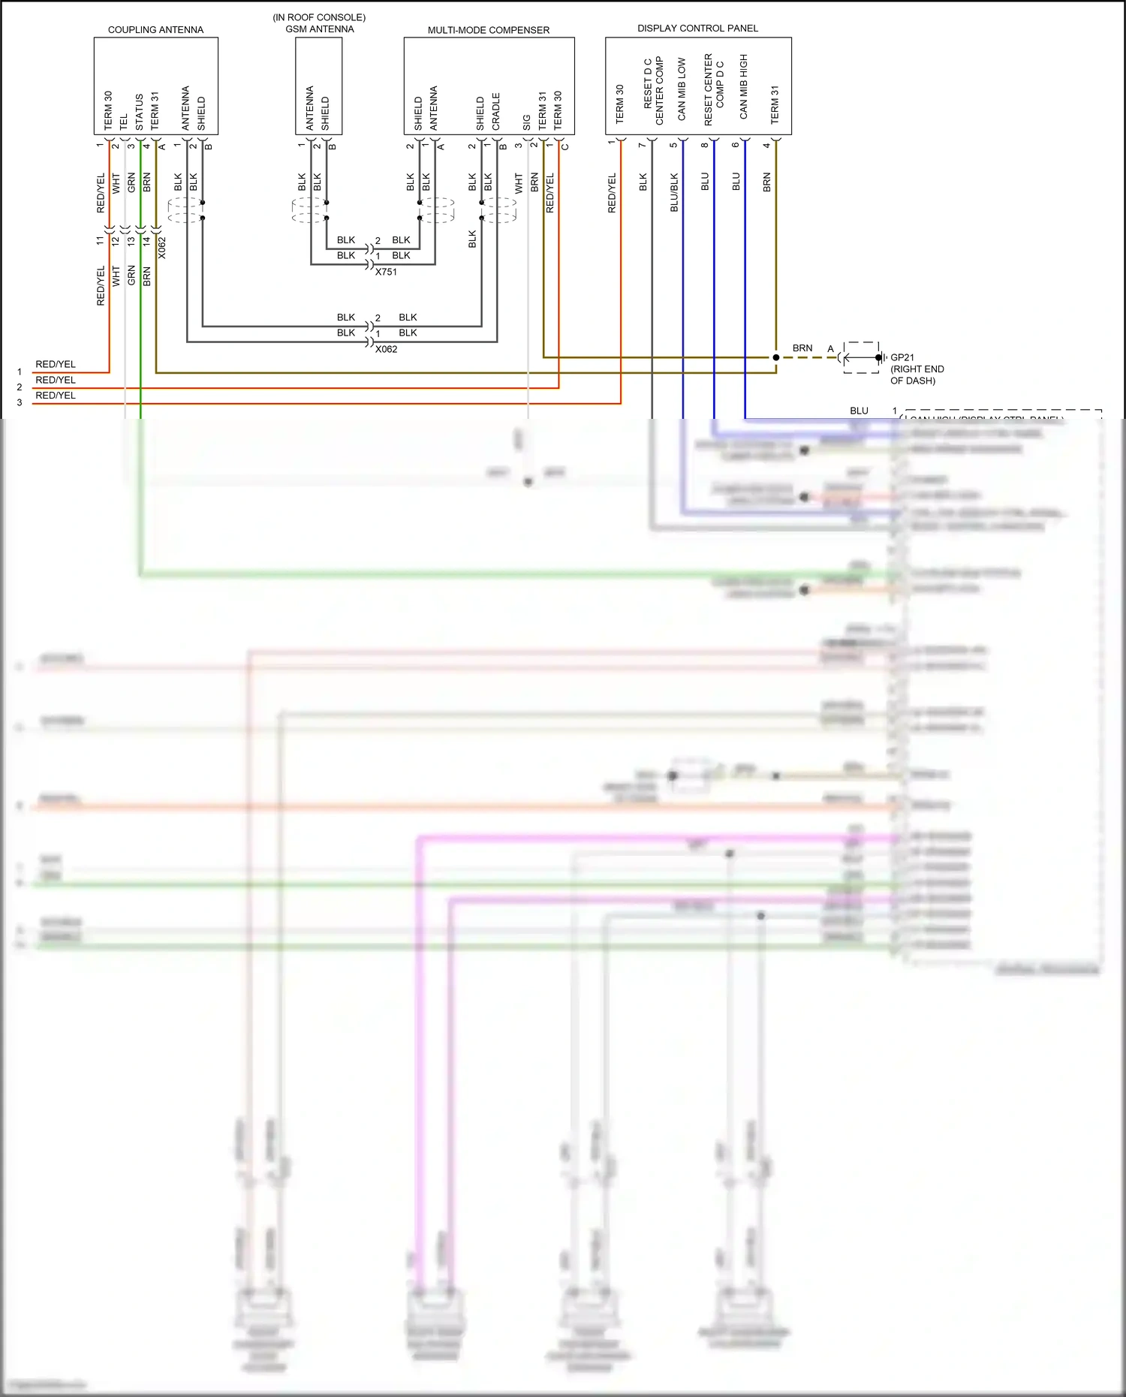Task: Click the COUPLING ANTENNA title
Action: click(155, 30)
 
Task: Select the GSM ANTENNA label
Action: click(319, 29)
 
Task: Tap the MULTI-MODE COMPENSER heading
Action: click(489, 30)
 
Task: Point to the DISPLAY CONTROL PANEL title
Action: click(697, 29)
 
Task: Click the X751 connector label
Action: click(386, 272)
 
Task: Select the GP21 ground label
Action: click(902, 358)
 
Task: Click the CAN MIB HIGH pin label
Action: click(744, 86)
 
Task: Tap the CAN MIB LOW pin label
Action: click(682, 89)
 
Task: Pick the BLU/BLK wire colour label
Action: click(674, 193)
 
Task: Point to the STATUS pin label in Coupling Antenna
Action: click(140, 112)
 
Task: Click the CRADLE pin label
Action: click(496, 111)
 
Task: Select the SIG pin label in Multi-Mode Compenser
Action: click(527, 122)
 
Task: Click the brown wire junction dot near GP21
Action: click(776, 357)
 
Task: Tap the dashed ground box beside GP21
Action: click(860, 358)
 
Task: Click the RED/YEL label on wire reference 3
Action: click(56, 396)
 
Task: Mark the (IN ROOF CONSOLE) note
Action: click(319, 17)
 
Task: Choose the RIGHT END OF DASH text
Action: click(917, 375)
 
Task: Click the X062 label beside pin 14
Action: click(162, 248)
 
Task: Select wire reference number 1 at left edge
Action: click(20, 372)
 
